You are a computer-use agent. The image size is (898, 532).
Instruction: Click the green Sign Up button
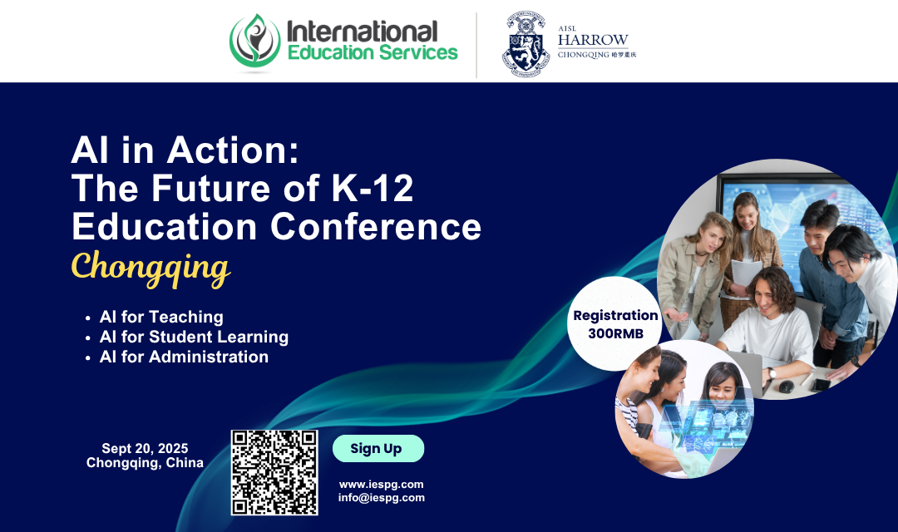click(378, 448)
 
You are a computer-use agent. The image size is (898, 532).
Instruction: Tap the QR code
click(274, 472)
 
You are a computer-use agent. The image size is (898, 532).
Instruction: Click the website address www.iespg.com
click(382, 485)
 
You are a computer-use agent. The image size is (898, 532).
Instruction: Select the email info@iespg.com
click(382, 498)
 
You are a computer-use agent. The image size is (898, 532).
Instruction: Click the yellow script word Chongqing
click(150, 268)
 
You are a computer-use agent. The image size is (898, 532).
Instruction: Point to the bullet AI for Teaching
click(155, 317)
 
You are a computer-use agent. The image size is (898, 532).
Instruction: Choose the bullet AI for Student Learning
click(187, 337)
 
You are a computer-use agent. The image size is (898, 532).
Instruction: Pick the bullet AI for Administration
click(177, 357)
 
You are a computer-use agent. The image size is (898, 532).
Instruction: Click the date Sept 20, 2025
click(145, 448)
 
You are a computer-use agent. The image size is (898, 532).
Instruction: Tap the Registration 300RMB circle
click(614, 324)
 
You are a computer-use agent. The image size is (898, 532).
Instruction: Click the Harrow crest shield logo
click(525, 44)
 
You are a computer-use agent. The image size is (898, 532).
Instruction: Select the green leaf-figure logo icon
click(255, 42)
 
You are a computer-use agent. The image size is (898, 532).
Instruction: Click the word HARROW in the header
click(593, 40)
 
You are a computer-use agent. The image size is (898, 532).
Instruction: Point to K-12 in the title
click(373, 189)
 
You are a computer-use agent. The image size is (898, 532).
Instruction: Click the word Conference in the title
click(376, 227)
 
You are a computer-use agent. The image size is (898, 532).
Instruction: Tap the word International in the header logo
click(362, 32)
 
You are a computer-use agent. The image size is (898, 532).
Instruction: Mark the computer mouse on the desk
click(787, 387)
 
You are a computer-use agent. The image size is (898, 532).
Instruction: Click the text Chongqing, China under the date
click(145, 463)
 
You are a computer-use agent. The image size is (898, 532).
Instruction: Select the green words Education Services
click(373, 52)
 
